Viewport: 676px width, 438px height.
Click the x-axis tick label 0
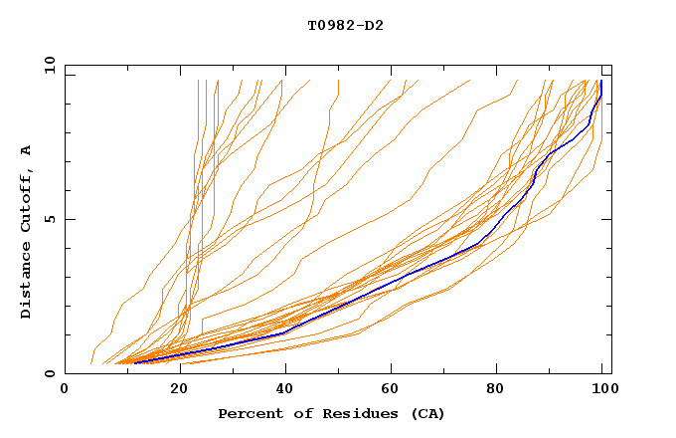(65, 390)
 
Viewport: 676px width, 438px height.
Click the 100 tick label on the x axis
(603, 390)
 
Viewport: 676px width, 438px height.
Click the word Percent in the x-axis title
(250, 413)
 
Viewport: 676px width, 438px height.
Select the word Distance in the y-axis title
(27, 278)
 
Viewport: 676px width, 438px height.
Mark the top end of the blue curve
(601, 82)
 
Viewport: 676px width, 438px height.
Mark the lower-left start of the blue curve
(135, 362)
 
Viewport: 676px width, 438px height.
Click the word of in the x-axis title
(298, 413)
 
